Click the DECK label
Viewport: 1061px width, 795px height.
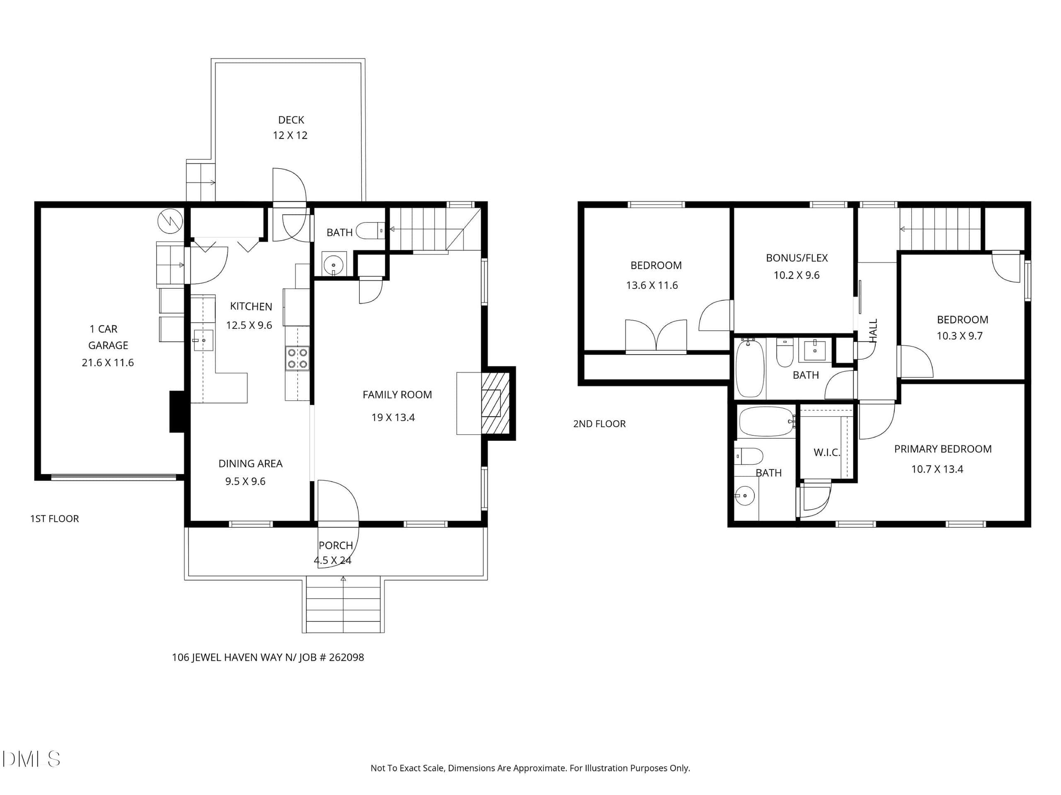coord(291,120)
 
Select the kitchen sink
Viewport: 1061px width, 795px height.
coord(203,341)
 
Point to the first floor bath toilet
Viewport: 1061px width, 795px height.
coord(370,231)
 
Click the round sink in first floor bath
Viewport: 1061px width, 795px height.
coord(333,264)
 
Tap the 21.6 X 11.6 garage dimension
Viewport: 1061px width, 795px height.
coord(108,362)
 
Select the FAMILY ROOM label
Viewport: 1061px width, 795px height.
coord(397,395)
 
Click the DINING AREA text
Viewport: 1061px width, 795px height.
coord(250,464)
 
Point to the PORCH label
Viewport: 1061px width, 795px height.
coord(336,545)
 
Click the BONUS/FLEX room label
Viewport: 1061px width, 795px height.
coord(797,258)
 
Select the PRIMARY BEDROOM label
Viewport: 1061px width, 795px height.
coord(942,449)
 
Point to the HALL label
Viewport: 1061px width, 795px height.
coord(873,331)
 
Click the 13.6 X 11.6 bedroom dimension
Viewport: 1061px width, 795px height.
coord(652,285)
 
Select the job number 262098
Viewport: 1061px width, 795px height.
coord(346,657)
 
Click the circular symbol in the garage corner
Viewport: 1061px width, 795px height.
coord(170,221)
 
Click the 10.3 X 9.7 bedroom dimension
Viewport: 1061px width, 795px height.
coord(959,336)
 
